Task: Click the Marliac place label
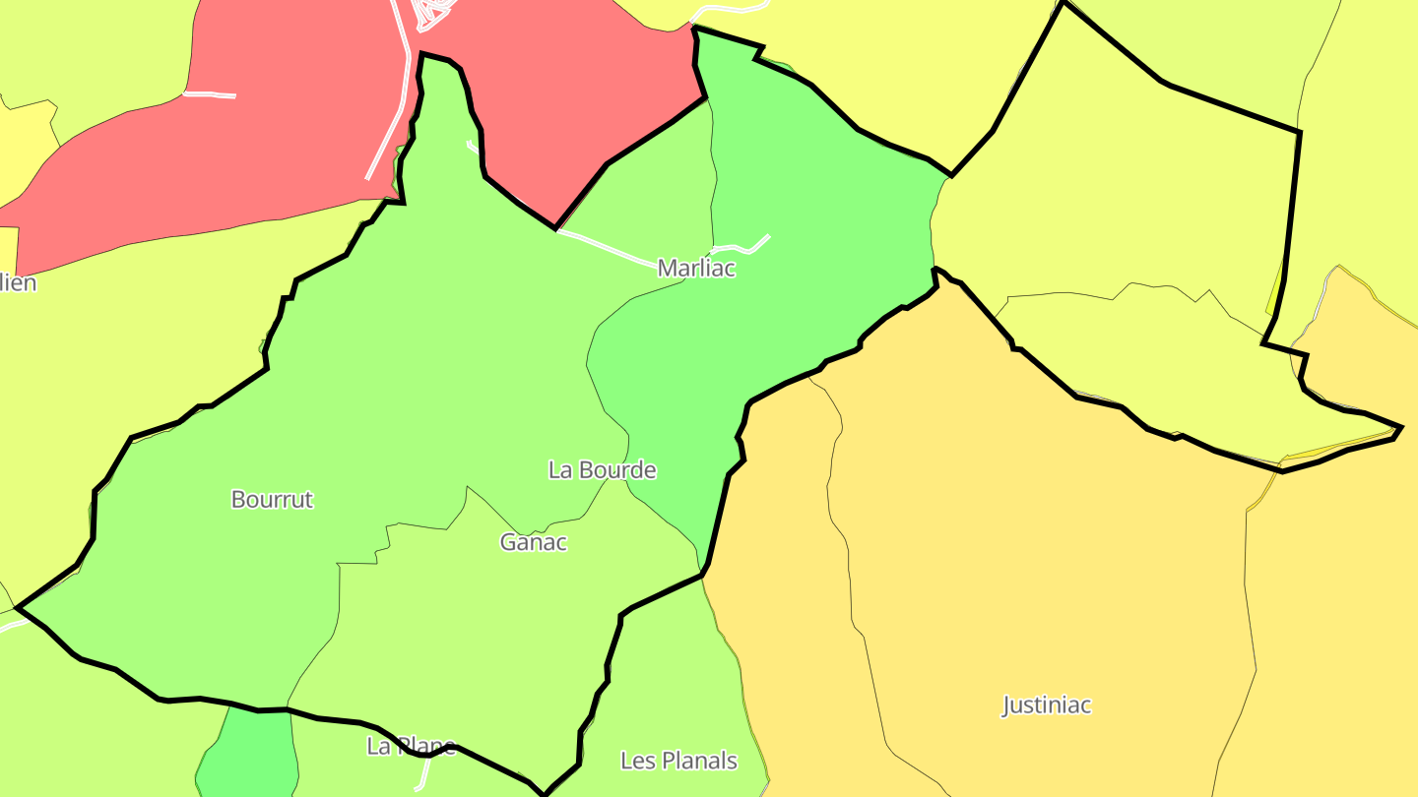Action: [696, 268]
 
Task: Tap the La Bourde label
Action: [602, 470]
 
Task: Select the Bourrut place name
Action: [272, 499]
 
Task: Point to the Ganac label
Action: [534, 542]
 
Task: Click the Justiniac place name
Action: [1047, 705]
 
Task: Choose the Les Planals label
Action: [678, 761]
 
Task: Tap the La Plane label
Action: [411, 746]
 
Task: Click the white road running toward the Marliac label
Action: [611, 248]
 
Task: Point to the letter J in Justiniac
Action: [1007, 706]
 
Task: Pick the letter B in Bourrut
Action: [237, 499]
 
